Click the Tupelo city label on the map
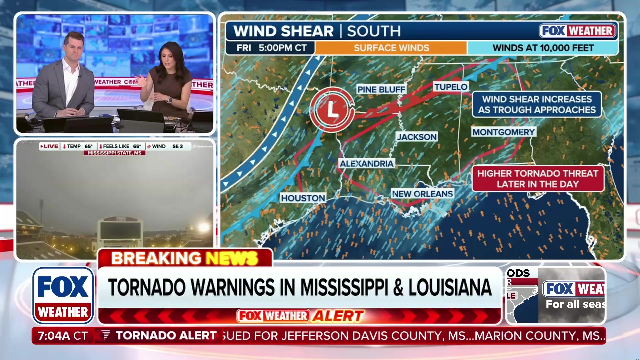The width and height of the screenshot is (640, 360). coord(451,87)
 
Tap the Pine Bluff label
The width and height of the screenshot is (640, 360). coord(381,89)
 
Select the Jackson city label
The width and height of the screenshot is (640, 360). coord(417,137)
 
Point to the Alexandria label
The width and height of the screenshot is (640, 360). coord(366,163)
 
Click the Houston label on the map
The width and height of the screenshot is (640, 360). coord(303,198)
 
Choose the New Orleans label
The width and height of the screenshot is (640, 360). coord(422,194)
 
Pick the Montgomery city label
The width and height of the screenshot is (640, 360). coord(503,132)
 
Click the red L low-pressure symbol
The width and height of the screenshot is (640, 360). coord(332,109)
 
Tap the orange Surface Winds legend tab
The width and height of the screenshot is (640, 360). coord(391,48)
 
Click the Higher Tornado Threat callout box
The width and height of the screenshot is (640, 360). coord(537,179)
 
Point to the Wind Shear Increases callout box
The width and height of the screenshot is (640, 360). coord(537,104)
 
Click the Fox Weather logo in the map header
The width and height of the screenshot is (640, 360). coord(577,31)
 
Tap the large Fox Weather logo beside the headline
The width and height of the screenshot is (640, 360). coord(63,295)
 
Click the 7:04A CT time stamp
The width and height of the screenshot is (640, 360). coord(63,336)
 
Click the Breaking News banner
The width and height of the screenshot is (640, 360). coord(185,258)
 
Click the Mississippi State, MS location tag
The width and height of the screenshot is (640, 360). coord(114,153)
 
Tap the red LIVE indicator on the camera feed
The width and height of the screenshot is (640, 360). coord(49,146)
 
